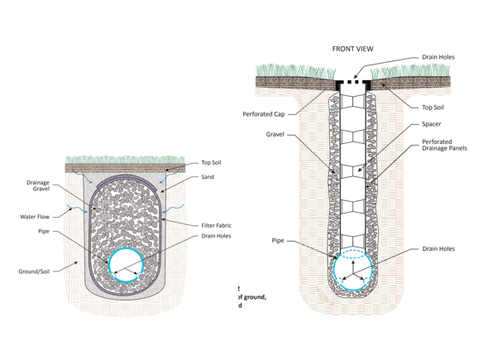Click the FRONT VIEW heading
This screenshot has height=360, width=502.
click(x=352, y=49)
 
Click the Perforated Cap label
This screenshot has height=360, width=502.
click(x=263, y=114)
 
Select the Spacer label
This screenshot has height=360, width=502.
click(x=431, y=124)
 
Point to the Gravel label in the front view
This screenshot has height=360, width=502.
click(x=275, y=133)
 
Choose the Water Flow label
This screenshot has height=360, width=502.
click(x=35, y=217)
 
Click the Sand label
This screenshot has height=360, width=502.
click(x=208, y=177)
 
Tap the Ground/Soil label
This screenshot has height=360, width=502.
click(x=36, y=271)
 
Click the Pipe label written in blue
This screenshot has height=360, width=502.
click(x=278, y=241)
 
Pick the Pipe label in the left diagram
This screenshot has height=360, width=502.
click(x=43, y=232)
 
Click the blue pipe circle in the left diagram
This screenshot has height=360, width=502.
click(x=126, y=263)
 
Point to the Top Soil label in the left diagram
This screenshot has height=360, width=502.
click(x=211, y=163)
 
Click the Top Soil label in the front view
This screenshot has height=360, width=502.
click(x=433, y=108)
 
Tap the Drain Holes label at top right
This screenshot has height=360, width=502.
click(x=437, y=57)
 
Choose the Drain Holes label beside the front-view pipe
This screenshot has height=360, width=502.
click(x=437, y=249)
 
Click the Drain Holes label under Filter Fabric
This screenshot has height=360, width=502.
click(x=216, y=236)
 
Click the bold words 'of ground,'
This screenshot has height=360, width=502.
click(x=252, y=296)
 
